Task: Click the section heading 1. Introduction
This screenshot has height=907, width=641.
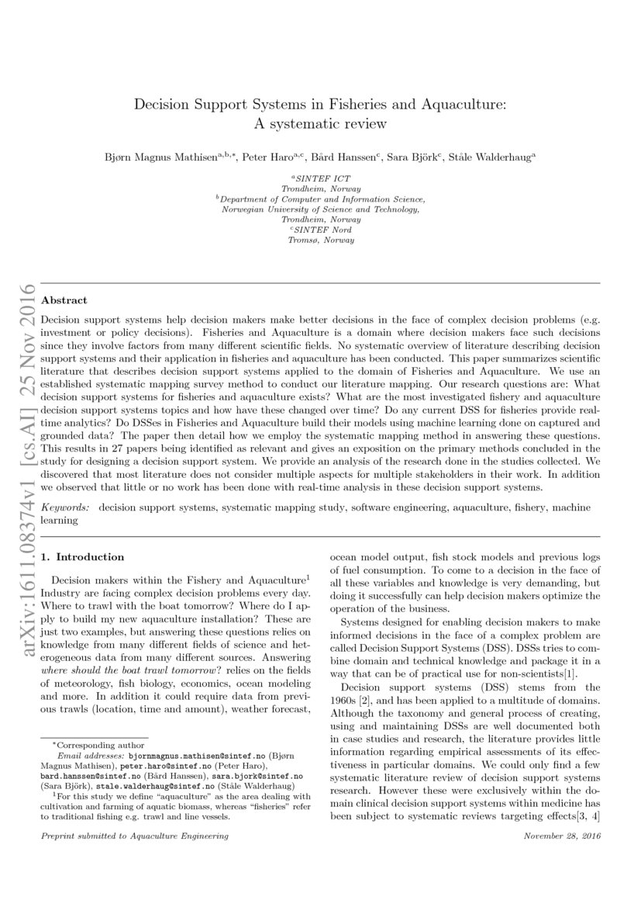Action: click(x=82, y=556)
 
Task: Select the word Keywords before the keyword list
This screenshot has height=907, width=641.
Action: click(x=64, y=507)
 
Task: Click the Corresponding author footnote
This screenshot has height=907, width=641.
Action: click(x=86, y=743)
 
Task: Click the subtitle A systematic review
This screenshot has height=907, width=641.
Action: click(x=320, y=123)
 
